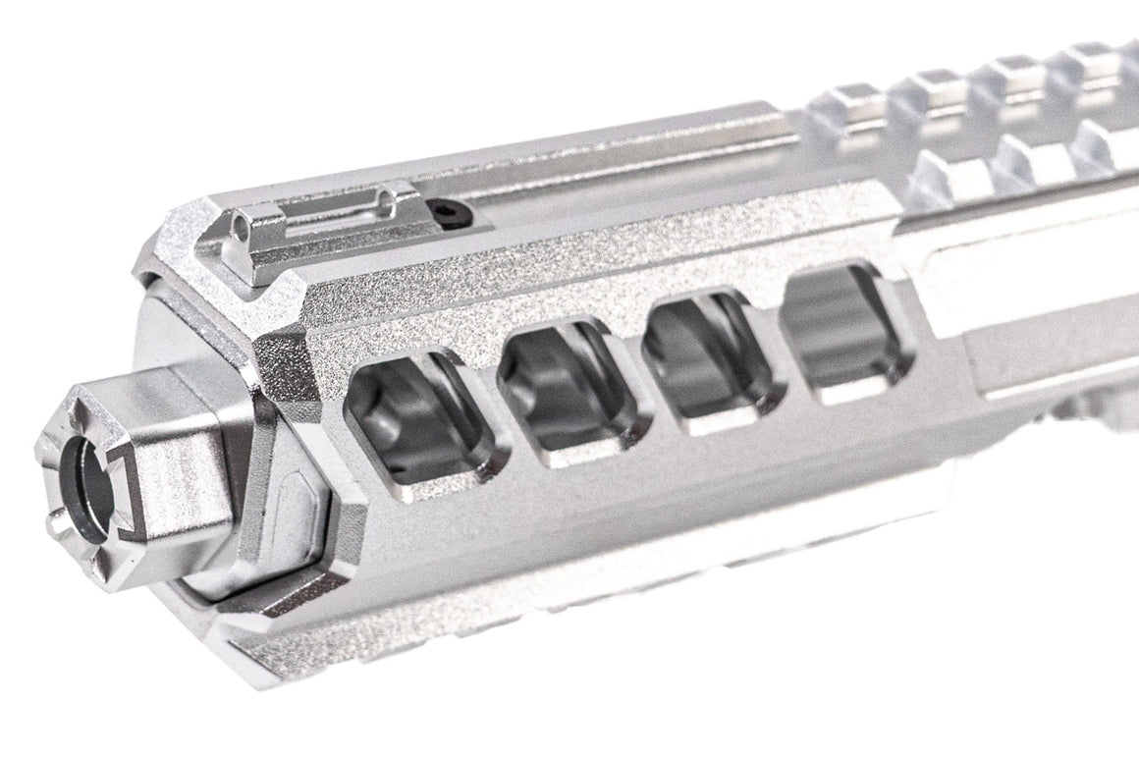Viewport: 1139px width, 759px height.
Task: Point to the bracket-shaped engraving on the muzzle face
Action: coord(121,491)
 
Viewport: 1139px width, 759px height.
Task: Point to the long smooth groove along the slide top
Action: coord(628,167)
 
